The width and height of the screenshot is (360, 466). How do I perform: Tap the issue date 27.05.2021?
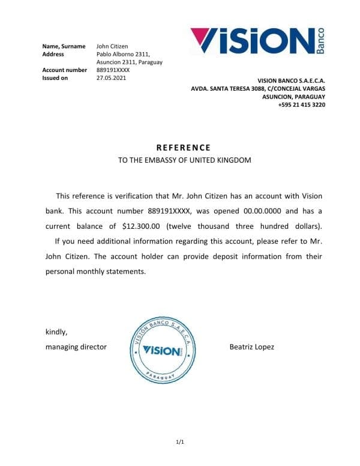pyautogui.click(x=111, y=77)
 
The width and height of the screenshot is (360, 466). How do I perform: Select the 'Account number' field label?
pyautogui.click(x=64, y=70)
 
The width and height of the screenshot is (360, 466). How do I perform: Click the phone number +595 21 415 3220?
pyautogui.click(x=302, y=104)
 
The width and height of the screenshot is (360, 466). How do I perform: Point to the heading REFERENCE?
pyautogui.click(x=184, y=147)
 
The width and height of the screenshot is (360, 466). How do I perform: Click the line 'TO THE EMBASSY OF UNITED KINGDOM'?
pyautogui.click(x=184, y=160)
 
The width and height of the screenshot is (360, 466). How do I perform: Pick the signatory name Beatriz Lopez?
pyautogui.click(x=251, y=346)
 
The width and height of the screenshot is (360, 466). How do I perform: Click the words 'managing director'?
pyautogui.click(x=76, y=346)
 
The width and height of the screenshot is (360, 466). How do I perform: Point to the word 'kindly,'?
pyautogui.click(x=57, y=332)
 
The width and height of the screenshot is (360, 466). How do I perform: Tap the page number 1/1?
pyautogui.click(x=179, y=443)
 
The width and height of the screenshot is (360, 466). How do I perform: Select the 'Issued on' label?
pyautogui.click(x=55, y=77)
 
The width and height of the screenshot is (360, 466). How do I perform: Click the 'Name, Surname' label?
pyautogui.click(x=63, y=46)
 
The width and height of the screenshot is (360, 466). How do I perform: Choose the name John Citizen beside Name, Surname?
pyautogui.click(x=112, y=46)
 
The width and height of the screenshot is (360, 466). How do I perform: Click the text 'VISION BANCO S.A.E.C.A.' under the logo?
pyautogui.click(x=291, y=80)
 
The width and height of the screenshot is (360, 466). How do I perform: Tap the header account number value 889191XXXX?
pyautogui.click(x=113, y=70)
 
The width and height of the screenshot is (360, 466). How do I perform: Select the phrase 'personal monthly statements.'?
pyautogui.click(x=95, y=271)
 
